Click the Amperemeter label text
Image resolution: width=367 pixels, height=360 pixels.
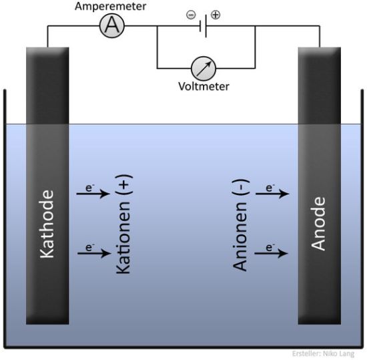[x=110, y=6]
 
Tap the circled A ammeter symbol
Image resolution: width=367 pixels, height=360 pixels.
[x=112, y=26]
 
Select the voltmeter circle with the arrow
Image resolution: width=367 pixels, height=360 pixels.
[x=204, y=68]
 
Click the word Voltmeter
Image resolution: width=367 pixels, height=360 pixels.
[x=204, y=86]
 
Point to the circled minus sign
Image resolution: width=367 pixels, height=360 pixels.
[x=191, y=15]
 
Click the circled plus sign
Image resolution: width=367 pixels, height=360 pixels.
[x=216, y=15]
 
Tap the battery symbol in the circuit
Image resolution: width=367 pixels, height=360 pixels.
[x=203, y=26]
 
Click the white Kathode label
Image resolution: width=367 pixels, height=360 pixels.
[x=47, y=224]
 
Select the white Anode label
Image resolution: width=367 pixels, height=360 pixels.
[x=318, y=224]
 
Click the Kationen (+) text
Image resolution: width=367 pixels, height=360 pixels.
[x=123, y=224]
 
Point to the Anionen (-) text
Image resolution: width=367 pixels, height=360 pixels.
[x=240, y=225]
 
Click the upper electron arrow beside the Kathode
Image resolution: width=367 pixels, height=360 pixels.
[x=93, y=194]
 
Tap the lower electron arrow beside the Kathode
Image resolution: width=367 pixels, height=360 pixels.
[x=94, y=253]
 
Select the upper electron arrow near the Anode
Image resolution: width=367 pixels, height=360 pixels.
[x=272, y=194]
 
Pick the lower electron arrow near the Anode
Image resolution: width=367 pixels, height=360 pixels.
[x=271, y=253]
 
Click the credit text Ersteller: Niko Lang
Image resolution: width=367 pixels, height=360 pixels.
[x=323, y=353]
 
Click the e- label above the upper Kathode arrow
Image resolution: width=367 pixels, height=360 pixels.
[x=90, y=188]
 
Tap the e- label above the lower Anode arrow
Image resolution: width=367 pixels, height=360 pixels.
[x=270, y=247]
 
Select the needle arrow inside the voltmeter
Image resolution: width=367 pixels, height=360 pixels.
[x=204, y=69]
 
